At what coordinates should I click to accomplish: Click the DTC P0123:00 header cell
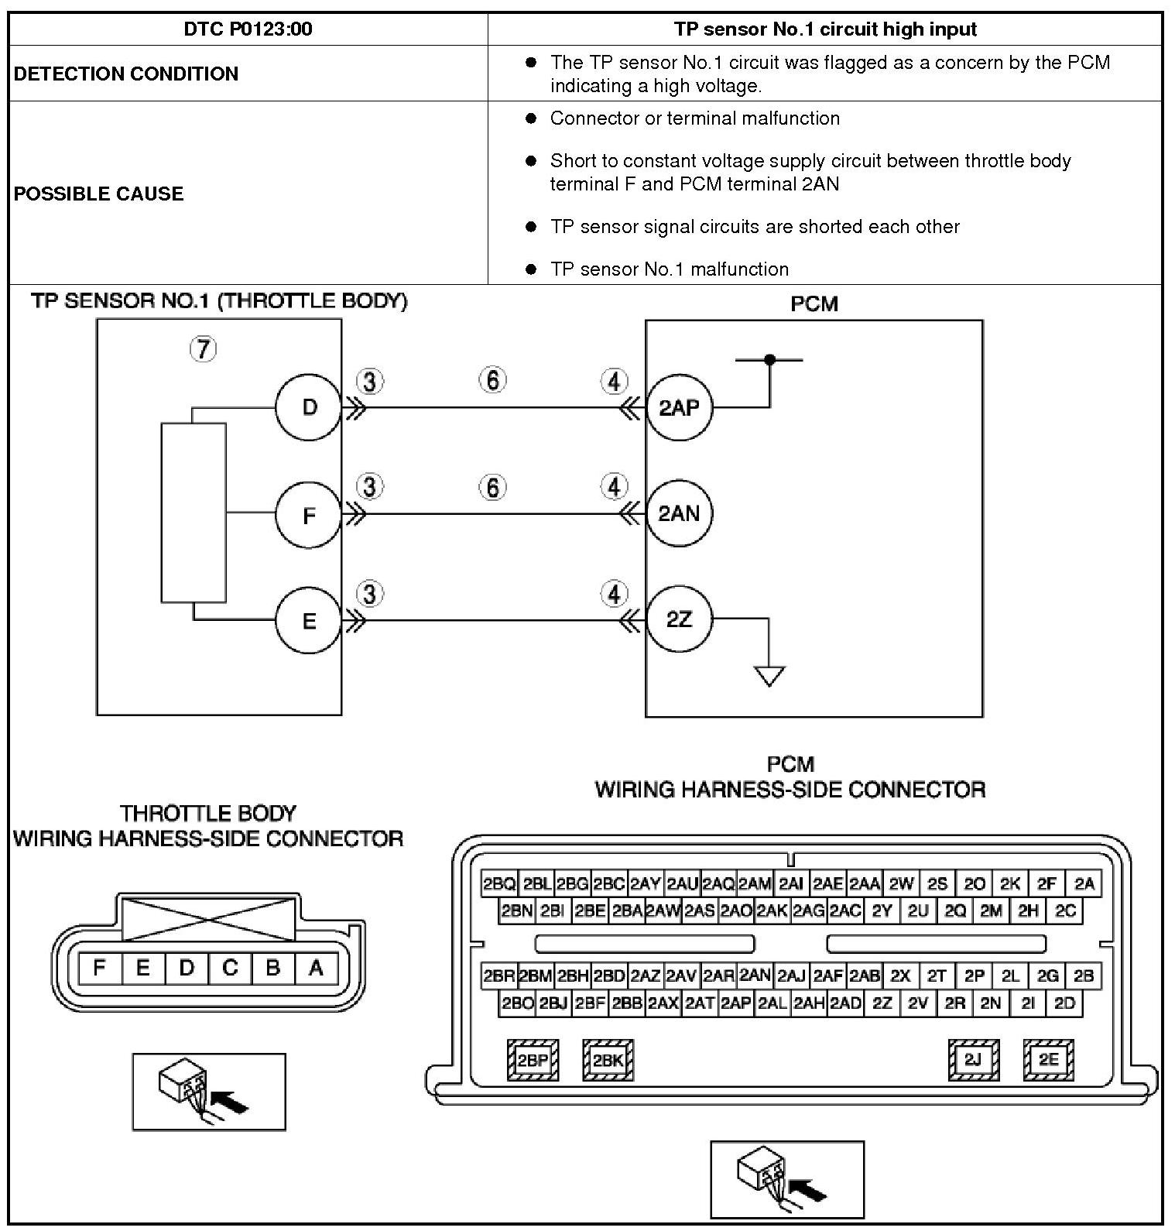click(248, 29)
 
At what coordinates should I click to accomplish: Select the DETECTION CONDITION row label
click(126, 74)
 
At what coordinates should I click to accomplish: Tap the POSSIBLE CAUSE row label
click(98, 193)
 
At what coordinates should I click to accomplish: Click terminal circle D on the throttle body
click(309, 407)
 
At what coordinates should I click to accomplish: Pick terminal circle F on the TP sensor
click(309, 515)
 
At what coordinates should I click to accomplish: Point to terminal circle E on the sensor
click(309, 621)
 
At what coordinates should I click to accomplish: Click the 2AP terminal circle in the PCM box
click(679, 408)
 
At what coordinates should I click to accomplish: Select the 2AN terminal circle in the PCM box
click(679, 513)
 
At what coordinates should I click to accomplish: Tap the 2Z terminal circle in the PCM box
click(679, 619)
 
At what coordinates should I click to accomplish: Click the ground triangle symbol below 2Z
click(769, 675)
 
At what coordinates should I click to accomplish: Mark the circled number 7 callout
click(203, 349)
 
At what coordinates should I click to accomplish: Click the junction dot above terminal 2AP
click(769, 360)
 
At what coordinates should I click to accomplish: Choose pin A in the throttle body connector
click(316, 968)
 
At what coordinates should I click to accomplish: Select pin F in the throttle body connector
click(99, 968)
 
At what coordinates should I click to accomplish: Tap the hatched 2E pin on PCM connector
click(1048, 1059)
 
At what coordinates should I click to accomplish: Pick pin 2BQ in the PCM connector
click(499, 884)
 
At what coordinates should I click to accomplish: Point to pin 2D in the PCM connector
click(1065, 1003)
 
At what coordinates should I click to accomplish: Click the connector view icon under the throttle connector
click(208, 1092)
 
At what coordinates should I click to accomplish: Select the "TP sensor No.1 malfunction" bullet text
click(669, 269)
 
